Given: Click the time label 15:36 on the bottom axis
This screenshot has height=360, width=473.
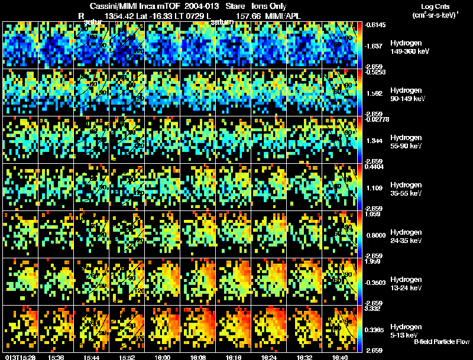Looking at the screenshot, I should [57, 357].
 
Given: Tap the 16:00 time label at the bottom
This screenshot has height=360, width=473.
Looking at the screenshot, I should [162, 357].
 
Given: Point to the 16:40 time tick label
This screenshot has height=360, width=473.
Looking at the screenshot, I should [340, 357].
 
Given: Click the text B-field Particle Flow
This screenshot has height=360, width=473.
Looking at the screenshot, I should [441, 342].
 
